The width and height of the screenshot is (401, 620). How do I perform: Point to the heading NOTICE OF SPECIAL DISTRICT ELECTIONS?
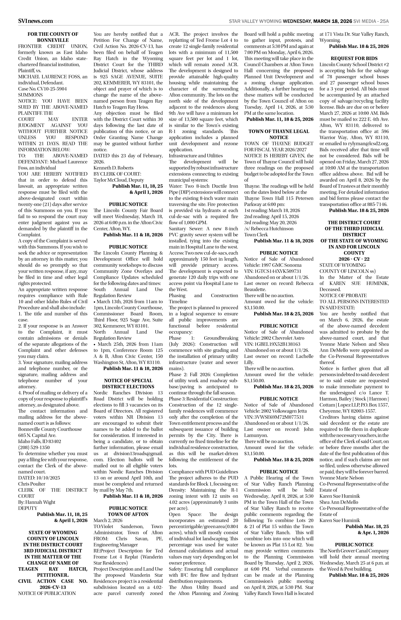(128, 384)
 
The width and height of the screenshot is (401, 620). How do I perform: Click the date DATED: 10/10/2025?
(39, 478)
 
